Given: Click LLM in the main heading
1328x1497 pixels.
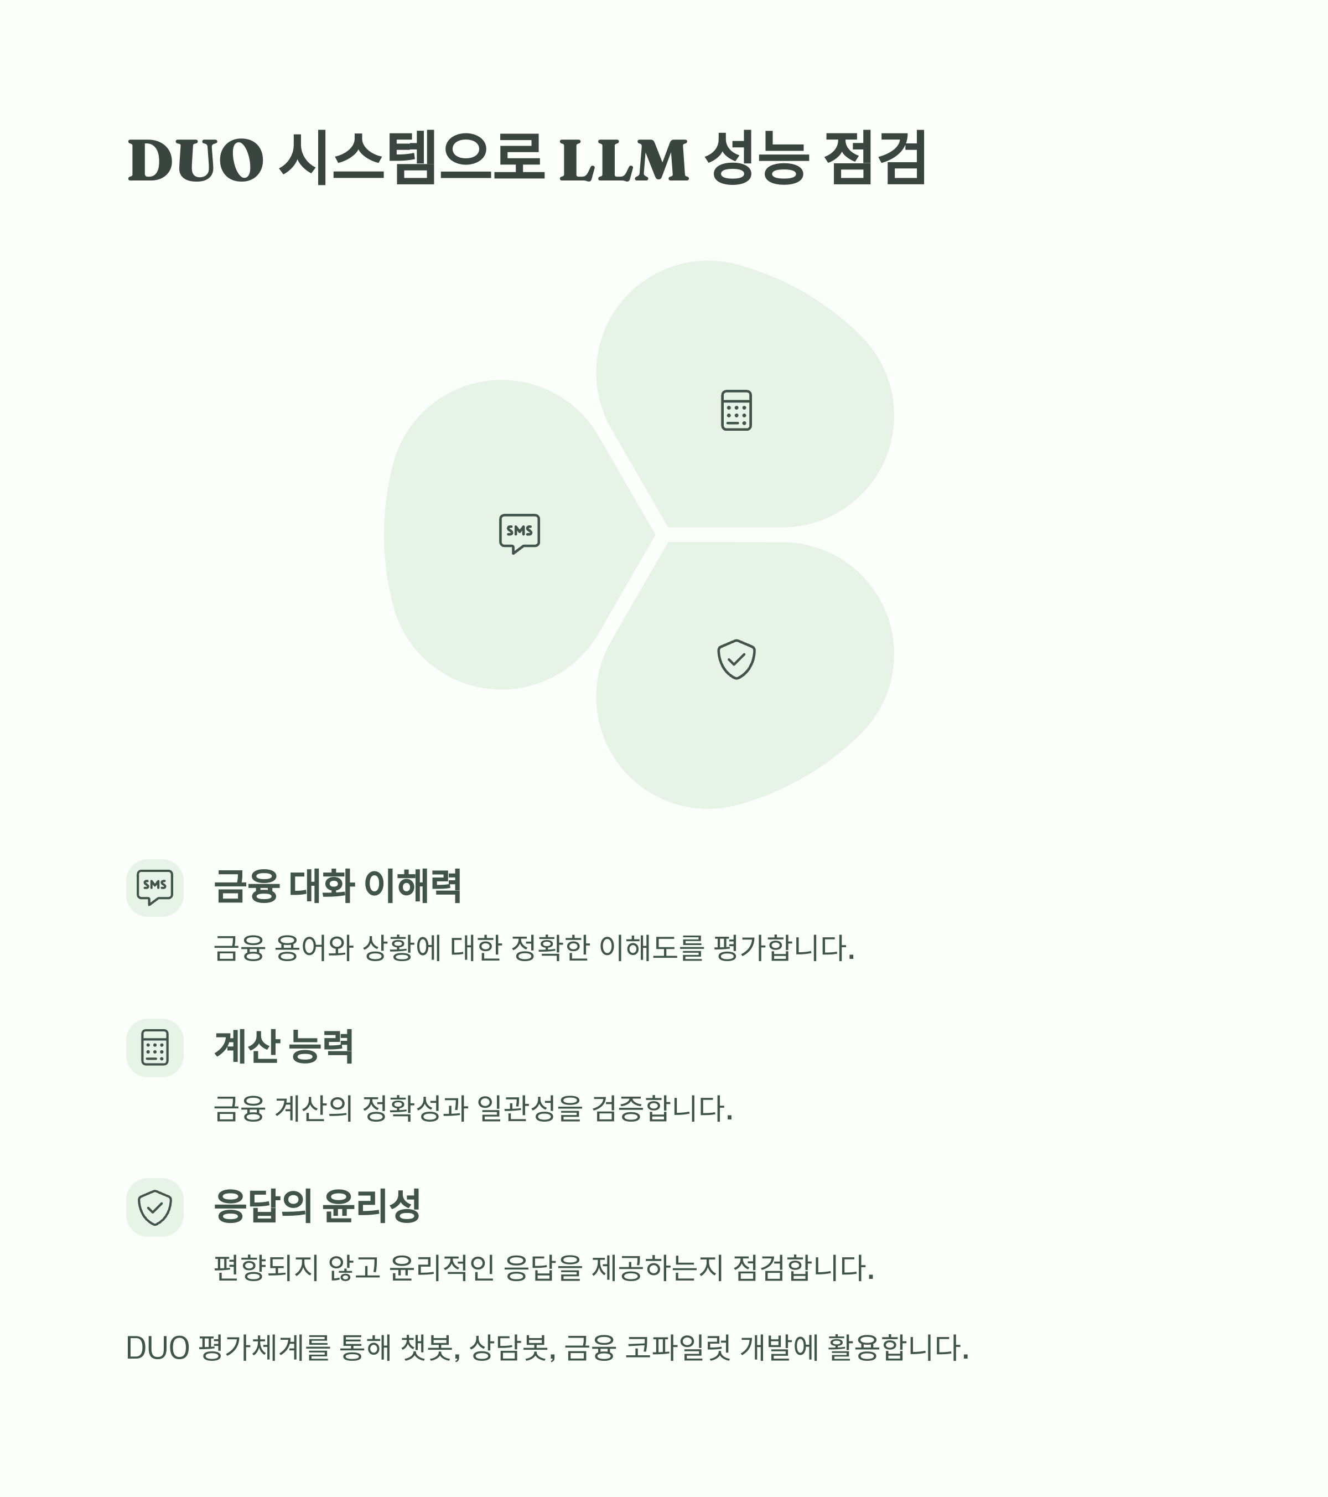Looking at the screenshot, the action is pos(624,159).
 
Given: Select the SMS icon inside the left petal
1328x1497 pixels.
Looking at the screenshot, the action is pos(519,533).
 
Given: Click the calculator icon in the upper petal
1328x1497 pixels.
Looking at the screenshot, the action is pos(736,410).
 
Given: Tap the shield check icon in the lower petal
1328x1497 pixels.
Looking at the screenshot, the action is pos(736,659).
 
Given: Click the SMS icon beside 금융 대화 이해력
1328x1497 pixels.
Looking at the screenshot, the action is pos(154,887).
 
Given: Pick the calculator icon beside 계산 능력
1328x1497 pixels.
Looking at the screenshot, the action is pos(154,1047).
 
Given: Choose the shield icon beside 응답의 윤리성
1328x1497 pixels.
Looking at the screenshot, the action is pos(154,1207).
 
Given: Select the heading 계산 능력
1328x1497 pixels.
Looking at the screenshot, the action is pos(284,1046).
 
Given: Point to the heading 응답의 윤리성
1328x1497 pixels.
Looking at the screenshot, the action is pos(317,1205).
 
